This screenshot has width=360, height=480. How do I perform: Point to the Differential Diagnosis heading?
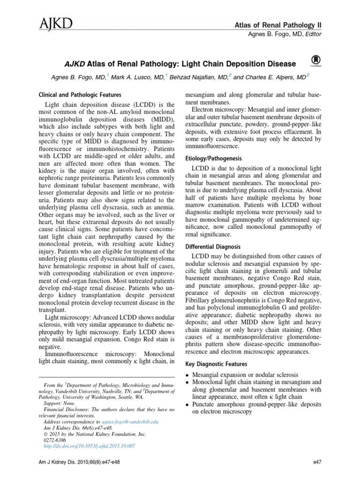213,246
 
